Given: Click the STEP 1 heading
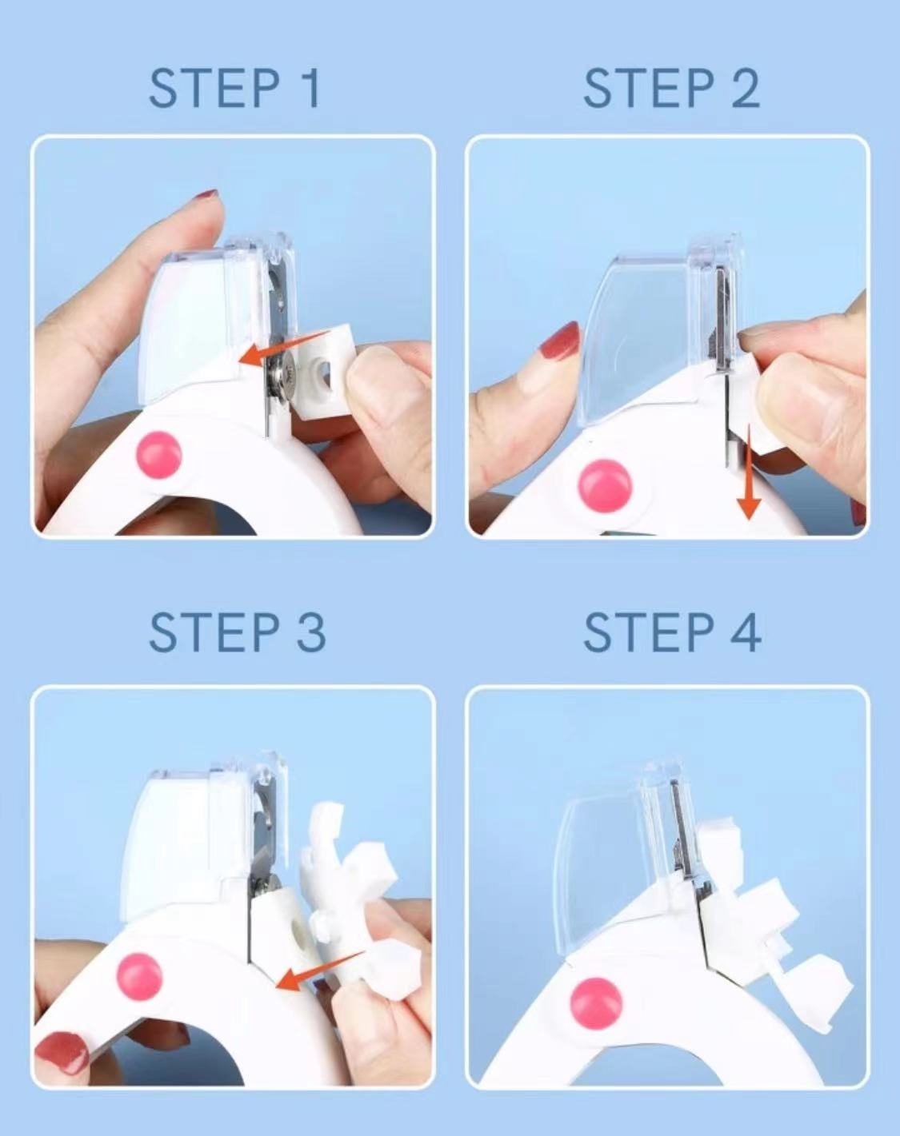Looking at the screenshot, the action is tap(234, 88).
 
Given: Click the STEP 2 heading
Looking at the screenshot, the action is tap(671, 88).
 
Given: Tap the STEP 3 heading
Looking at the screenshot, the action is tap(237, 632).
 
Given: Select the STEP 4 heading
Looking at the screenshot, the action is tap(672, 632).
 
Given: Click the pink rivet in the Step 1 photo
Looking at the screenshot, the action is tap(159, 455).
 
